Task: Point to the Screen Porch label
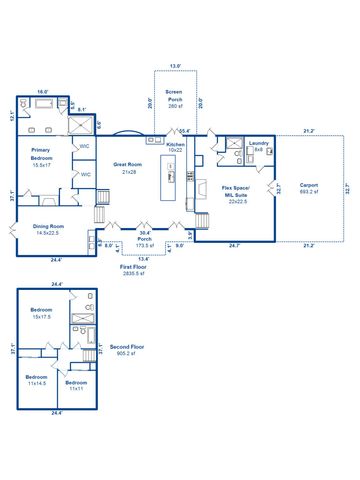[175, 99]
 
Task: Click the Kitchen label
[176, 148]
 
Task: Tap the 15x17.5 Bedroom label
[41, 314]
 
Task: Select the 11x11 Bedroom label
[76, 385]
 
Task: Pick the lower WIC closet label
[85, 174]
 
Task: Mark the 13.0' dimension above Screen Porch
[175, 67]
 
